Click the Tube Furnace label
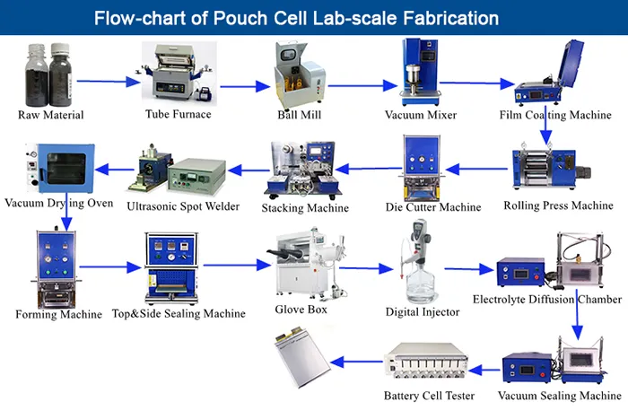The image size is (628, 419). [x=178, y=115]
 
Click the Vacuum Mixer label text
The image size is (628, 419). [x=421, y=116]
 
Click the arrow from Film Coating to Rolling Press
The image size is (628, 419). [x=545, y=132]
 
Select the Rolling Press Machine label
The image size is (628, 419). [x=558, y=206]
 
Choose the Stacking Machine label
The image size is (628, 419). [x=305, y=208]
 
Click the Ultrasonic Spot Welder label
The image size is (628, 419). [x=183, y=206]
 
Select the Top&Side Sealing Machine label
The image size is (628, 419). [x=179, y=313]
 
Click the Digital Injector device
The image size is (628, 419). [x=419, y=265]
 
